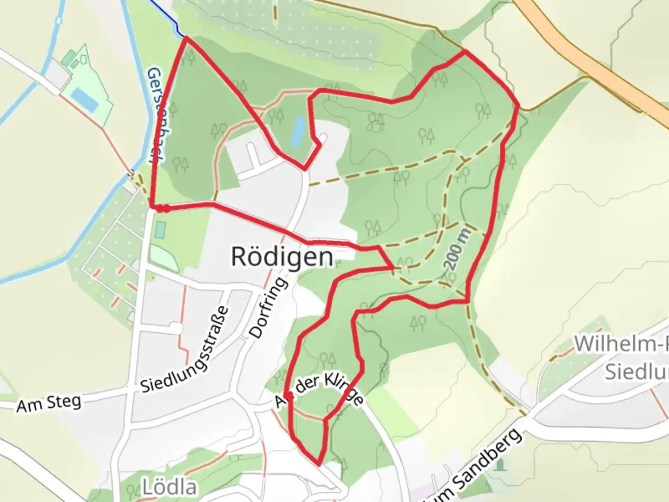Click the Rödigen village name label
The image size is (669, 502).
tap(282, 257)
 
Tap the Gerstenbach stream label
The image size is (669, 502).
tap(156, 116)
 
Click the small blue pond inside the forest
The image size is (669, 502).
tap(297, 131)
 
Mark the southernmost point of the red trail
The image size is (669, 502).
tap(319, 463)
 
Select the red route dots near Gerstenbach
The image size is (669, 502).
tap(162, 209)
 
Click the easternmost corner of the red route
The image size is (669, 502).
tap(518, 106)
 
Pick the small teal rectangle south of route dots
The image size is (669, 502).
tap(161, 229)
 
